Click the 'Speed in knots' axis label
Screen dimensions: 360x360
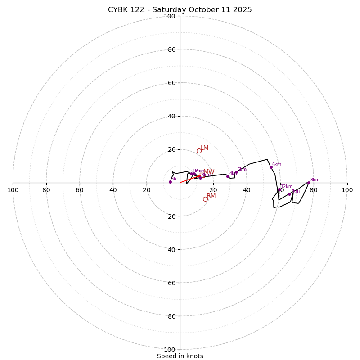click(x=180, y=356)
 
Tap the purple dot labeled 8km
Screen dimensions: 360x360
click(x=309, y=183)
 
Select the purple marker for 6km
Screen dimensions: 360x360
click(x=271, y=167)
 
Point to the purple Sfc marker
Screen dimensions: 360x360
click(x=170, y=182)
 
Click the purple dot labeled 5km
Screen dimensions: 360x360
click(x=236, y=172)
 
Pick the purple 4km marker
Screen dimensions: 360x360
click(x=228, y=176)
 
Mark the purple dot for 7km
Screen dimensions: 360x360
click(x=289, y=194)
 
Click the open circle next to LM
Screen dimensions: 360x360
click(x=199, y=151)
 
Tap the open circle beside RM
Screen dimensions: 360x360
click(x=205, y=199)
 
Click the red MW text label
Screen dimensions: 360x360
click(x=209, y=171)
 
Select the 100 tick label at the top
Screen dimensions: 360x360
click(x=170, y=16)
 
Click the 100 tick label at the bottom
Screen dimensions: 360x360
click(x=170, y=349)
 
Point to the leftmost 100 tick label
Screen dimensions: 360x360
click(x=13, y=190)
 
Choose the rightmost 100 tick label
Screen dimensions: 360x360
click(x=347, y=190)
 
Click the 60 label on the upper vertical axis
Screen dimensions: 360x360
click(x=171, y=83)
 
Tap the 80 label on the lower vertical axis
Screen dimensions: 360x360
click(x=171, y=316)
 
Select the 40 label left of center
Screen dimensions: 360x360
click(x=113, y=190)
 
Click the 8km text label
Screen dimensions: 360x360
click(x=315, y=180)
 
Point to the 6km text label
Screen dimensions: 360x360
click(x=276, y=164)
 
